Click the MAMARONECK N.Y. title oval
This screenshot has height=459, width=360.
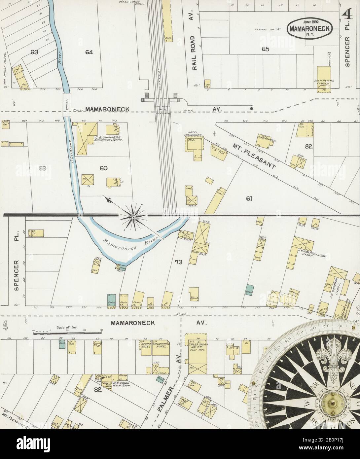(309, 28)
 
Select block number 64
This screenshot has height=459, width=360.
(89, 52)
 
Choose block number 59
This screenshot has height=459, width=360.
(43, 168)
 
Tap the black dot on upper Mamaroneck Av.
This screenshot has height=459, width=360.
(252, 108)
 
